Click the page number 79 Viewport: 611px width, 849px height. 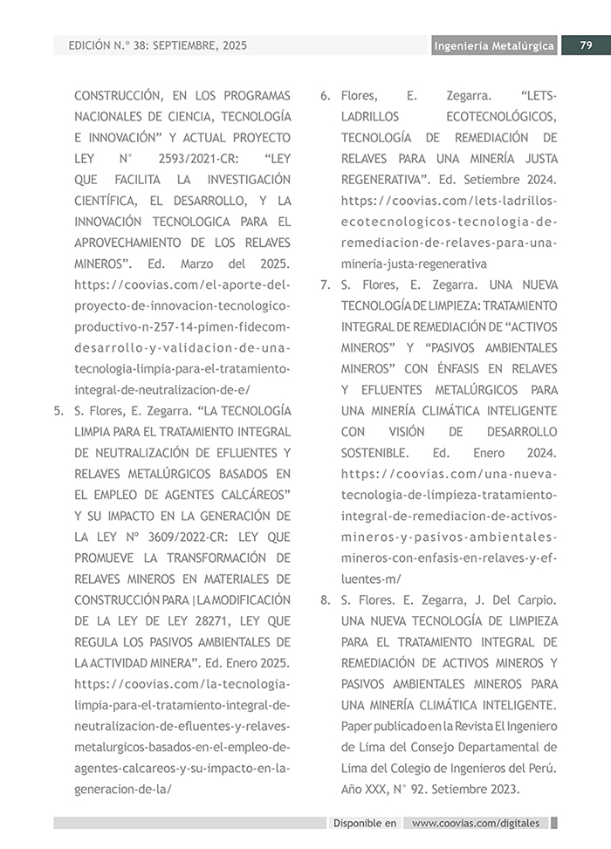coord(586,45)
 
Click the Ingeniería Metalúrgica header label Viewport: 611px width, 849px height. coord(494,46)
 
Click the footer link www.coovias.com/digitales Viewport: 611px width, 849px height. coord(476,823)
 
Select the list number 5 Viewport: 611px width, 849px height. coord(58,410)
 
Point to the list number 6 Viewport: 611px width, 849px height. coord(325,95)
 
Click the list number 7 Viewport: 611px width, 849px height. coord(325,284)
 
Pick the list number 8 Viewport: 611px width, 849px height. coord(325,599)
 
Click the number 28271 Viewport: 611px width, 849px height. coord(210,620)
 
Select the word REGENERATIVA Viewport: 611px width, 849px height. coord(384,180)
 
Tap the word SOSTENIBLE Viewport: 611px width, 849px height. coord(374,453)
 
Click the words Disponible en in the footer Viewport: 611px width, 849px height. coord(365,823)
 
